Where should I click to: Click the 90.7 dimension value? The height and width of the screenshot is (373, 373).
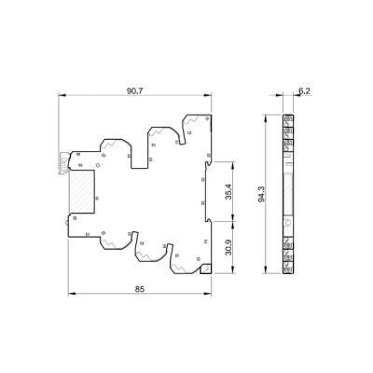pos(134,91)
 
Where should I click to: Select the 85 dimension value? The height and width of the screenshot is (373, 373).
pos(140,289)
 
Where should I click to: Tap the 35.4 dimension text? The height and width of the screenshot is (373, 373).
pos(228,191)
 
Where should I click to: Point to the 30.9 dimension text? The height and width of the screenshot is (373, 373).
pos(228,247)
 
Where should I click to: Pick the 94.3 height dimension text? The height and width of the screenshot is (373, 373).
pos(261,194)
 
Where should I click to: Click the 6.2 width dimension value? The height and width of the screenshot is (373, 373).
pos(304,90)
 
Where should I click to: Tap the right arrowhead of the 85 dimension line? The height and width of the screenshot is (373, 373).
pos(207,294)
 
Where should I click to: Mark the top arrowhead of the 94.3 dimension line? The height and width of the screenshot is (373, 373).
pos(265,118)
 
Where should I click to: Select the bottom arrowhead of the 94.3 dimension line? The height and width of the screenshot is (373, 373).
pos(265,269)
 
